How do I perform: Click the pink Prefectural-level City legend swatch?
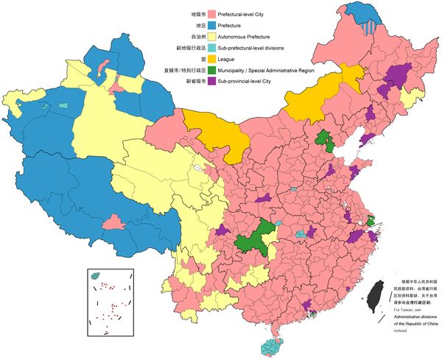coord(212,14)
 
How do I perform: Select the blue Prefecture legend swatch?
coord(212,25)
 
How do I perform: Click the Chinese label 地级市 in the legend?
coord(197,14)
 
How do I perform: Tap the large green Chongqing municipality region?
coord(254,240)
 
